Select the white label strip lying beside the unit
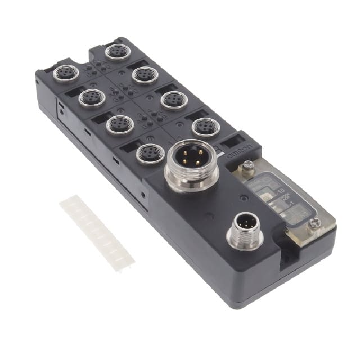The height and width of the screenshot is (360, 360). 97,231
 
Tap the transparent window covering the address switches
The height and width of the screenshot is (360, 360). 287,194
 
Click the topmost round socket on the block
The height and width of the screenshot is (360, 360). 118,52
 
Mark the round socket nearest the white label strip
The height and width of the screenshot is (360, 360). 150,154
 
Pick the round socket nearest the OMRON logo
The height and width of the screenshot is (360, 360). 205,127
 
